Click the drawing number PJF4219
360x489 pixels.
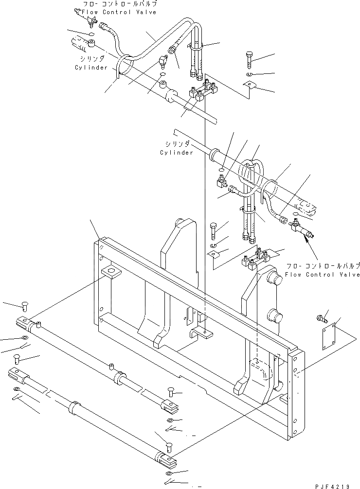click(x=336, y=484)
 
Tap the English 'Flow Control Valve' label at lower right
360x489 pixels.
click(x=323, y=275)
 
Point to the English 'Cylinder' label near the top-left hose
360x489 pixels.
click(x=91, y=68)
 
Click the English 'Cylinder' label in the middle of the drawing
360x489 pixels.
click(x=177, y=153)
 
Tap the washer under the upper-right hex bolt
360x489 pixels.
click(x=249, y=74)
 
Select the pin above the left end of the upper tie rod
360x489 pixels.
click(x=24, y=306)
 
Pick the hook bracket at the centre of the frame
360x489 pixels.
click(x=200, y=333)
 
